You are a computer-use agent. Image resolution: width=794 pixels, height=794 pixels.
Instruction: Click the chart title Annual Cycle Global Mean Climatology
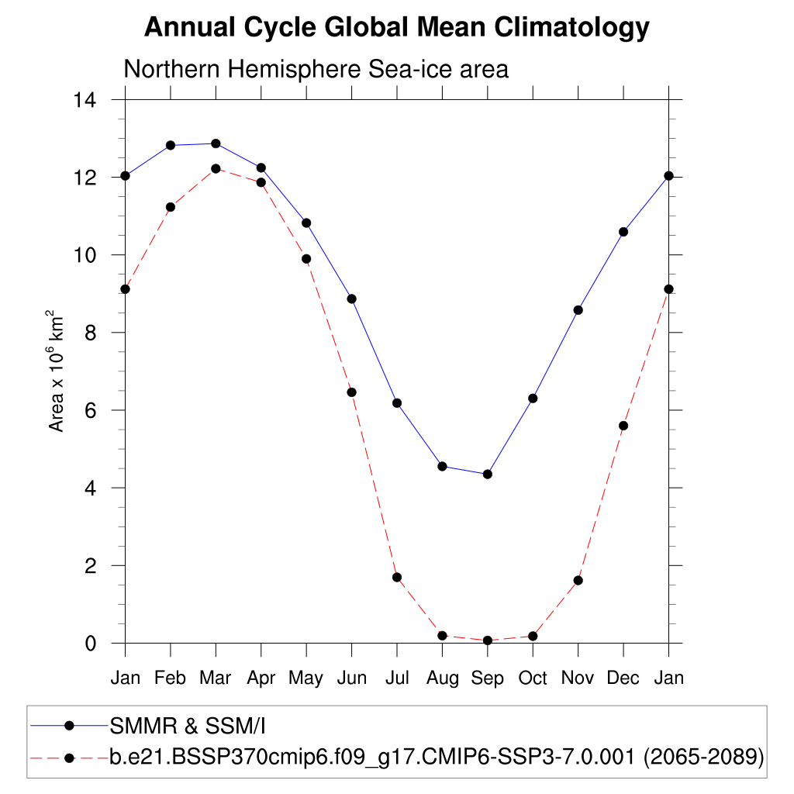(x=396, y=28)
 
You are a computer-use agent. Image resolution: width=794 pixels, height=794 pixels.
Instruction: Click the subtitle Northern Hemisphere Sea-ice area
(x=316, y=69)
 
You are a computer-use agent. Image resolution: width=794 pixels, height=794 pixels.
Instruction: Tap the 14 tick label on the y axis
(x=85, y=100)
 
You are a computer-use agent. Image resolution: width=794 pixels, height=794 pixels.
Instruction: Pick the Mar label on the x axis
(x=216, y=678)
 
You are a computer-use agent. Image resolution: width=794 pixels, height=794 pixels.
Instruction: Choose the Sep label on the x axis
(x=487, y=678)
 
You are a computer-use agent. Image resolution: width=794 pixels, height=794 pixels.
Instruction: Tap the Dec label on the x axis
(x=623, y=678)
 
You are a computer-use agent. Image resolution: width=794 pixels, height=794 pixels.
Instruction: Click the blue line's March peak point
(x=216, y=143)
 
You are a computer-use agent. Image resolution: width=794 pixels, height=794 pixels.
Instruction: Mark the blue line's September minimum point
(x=487, y=474)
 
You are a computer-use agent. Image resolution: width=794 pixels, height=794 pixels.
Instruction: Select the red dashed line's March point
(x=216, y=168)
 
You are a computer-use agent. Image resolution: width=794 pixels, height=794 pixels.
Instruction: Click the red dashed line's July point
(x=397, y=577)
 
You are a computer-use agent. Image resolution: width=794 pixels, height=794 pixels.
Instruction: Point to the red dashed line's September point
(x=487, y=640)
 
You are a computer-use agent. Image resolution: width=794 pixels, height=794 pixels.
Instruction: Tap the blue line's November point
(x=578, y=310)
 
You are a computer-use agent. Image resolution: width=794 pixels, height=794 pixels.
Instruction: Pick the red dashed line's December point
(x=623, y=426)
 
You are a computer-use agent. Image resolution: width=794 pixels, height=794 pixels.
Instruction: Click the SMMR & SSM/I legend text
(x=188, y=726)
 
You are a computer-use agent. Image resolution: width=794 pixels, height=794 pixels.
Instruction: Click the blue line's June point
(x=351, y=299)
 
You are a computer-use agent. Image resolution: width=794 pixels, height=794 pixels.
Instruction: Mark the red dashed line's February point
(x=171, y=207)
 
